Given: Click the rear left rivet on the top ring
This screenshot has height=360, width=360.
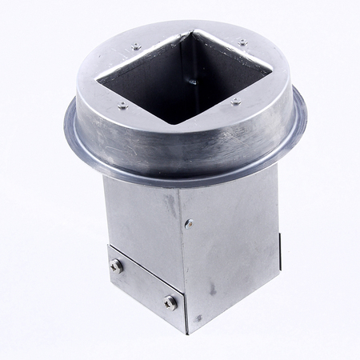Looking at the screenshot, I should tap(136, 47).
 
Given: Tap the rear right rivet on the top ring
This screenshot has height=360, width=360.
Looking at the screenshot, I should tap(242, 42).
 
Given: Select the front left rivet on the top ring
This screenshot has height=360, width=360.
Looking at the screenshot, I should tap(122, 106).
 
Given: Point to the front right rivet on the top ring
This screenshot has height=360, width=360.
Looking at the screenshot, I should tap(235, 102).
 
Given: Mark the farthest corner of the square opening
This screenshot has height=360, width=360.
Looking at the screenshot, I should tap(191, 33).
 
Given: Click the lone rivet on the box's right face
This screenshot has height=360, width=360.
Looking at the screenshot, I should tap(189, 224).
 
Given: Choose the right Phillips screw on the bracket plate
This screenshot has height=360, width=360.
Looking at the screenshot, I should tap(170, 302).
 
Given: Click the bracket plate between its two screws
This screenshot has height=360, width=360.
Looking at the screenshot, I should tap(142, 284).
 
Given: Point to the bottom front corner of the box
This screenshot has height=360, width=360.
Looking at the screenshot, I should tap(189, 332).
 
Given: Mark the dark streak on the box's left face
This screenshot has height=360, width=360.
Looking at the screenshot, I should tap(170, 204).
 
